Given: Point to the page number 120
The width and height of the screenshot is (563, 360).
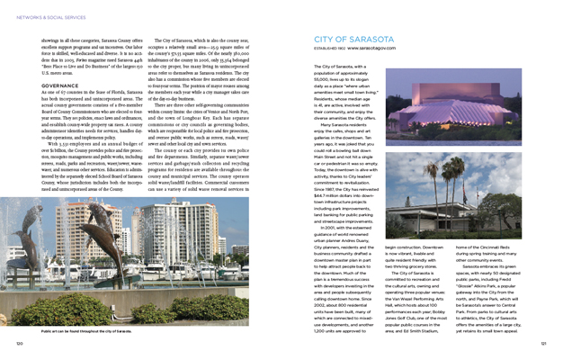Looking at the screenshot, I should point(19,343).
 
